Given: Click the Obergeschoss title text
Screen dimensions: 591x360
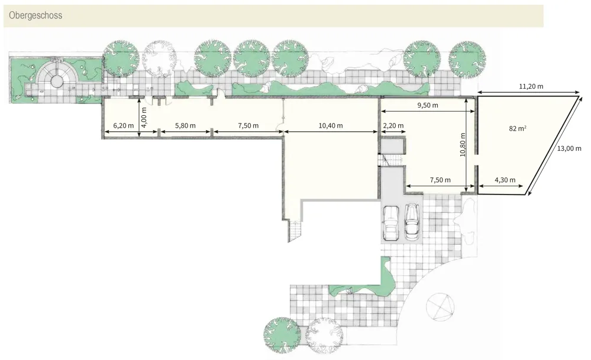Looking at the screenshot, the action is [x=35, y=15].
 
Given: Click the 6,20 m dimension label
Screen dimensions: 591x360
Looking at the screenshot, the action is [x=123, y=125].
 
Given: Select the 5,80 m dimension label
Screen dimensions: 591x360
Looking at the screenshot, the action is [x=185, y=125].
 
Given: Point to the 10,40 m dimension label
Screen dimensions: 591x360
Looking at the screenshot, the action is [x=331, y=125].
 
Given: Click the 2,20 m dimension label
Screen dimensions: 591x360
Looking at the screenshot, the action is [x=393, y=125].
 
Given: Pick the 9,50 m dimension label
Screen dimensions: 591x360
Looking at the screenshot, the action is [x=427, y=105].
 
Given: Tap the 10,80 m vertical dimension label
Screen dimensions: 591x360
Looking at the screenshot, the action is [x=463, y=145].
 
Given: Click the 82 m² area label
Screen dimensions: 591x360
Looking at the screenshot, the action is [x=518, y=128].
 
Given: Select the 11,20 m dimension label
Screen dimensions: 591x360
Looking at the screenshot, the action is [x=531, y=86].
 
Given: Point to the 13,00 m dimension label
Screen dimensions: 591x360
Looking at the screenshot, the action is [x=569, y=148].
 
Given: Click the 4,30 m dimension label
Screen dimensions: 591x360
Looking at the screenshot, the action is [x=505, y=180].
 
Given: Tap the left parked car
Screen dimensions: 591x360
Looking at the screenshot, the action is [x=391, y=222].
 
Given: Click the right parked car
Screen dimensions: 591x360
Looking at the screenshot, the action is [x=412, y=222].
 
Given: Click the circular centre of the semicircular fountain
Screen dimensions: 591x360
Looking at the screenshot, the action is [x=57, y=80].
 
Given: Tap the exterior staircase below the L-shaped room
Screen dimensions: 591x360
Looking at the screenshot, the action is [x=296, y=231].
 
